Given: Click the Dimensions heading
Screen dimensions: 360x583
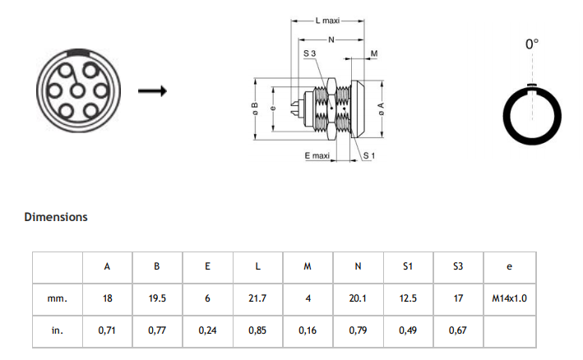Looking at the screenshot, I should (56, 217).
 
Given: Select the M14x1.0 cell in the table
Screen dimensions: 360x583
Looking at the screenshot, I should (509, 298).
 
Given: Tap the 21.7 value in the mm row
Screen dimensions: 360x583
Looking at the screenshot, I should (257, 298).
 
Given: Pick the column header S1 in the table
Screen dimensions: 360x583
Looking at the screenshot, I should (407, 266).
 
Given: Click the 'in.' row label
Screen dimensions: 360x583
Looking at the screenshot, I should (57, 330).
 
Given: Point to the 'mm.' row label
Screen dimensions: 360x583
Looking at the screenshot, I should (57, 298).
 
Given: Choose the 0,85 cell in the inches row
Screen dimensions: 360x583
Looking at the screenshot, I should (257, 330).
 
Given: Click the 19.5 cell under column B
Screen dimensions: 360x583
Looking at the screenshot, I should (157, 298).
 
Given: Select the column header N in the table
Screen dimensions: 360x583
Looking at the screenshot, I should (358, 266).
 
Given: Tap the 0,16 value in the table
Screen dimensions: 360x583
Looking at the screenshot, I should (308, 330).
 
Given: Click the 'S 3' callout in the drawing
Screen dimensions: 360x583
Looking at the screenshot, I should (310, 53).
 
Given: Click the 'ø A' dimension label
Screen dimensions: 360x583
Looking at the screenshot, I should (382, 108).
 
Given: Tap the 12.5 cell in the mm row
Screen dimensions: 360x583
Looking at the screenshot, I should (407, 298).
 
